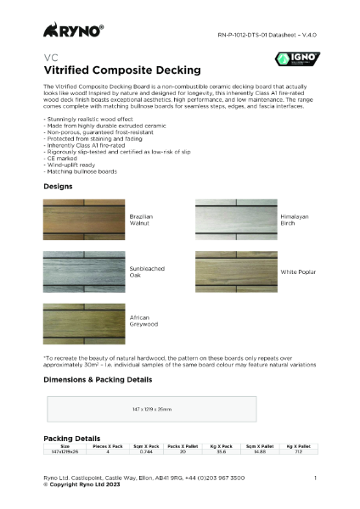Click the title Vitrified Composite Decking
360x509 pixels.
[x=121, y=70]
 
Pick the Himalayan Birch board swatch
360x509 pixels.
[x=235, y=219]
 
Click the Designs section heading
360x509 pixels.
[x=58, y=185]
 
